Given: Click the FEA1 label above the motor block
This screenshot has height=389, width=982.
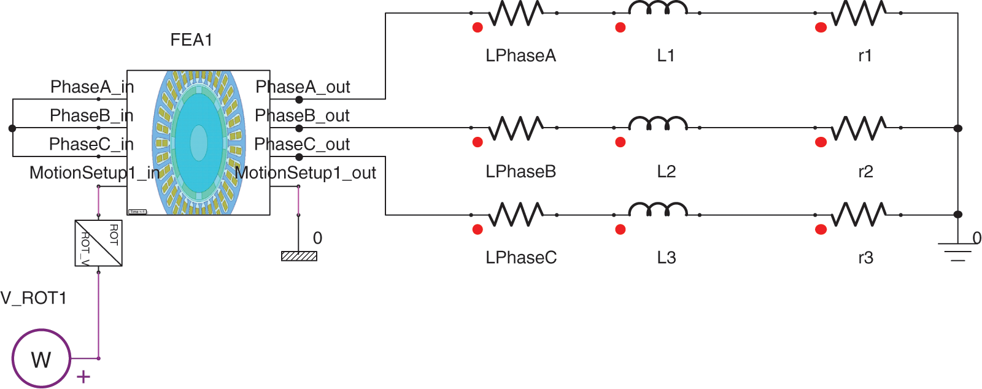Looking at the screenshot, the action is pos(191,40).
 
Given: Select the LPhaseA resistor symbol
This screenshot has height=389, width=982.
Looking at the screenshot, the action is pos(516,13).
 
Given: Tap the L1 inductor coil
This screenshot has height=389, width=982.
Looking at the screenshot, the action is pos(657,9).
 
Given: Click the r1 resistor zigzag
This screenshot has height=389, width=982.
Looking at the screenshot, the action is pos(859,13).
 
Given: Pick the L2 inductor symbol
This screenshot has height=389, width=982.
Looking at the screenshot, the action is pos(657,123).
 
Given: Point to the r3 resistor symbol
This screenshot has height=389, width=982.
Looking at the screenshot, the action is pos(859,215).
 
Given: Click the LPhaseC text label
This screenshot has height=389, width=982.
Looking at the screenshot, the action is pos(521,258).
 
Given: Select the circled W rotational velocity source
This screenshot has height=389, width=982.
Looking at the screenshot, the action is pos(41,358).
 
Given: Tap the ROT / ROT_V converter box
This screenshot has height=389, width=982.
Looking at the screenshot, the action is pos(99,243).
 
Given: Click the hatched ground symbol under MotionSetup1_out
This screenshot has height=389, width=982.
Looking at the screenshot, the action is pos(299,256).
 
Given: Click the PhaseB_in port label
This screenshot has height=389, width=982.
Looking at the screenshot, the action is pos(91,115).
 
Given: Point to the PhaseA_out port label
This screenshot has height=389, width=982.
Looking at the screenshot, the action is pos(303,87).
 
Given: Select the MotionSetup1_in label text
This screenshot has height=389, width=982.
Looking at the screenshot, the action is pos(95,173).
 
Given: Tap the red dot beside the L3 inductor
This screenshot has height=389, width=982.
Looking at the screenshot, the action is pos(621,229).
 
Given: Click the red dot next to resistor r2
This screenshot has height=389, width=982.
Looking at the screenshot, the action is pos(821,142).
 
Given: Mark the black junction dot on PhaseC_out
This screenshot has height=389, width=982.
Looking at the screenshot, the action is pos(299,157).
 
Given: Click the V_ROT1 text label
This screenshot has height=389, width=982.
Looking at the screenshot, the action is pos(34,298).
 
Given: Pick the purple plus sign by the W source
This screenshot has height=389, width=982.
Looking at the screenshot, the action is pos(83,377).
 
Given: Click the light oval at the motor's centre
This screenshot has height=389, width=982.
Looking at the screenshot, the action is pos(199,142).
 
